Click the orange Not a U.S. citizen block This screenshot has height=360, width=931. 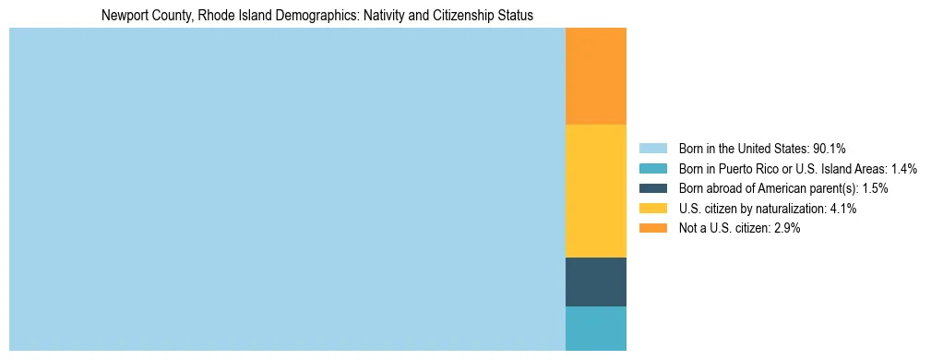(595, 77)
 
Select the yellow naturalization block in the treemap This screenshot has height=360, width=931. (595, 191)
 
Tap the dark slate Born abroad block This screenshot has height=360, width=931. (595, 282)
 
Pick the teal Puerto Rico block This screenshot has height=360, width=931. (595, 328)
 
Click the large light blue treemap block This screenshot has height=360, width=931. (287, 189)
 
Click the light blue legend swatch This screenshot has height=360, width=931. (652, 149)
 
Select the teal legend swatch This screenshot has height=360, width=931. (652, 169)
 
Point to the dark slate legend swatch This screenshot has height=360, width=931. (652, 188)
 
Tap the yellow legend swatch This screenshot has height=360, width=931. (652, 209)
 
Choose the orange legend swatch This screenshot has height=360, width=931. (652, 229)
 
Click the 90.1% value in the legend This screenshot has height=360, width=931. (830, 149)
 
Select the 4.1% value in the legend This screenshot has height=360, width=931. (843, 209)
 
